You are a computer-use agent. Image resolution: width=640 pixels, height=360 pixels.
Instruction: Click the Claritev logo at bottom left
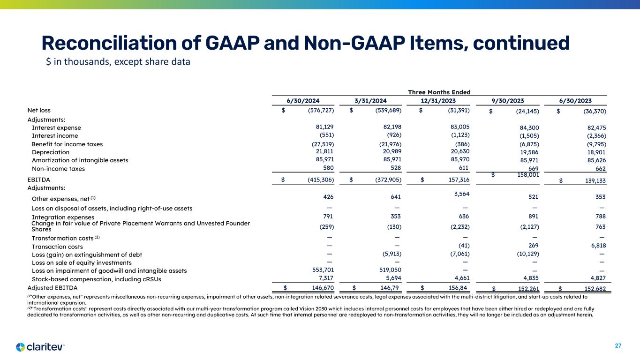(40, 347)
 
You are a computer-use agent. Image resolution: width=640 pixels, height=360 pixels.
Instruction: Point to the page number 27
(618, 346)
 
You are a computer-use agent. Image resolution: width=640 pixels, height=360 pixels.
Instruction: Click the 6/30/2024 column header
(303, 100)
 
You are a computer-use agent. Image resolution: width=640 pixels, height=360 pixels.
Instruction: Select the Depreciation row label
(51, 152)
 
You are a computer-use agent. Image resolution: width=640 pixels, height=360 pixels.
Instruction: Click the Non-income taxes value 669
(533, 169)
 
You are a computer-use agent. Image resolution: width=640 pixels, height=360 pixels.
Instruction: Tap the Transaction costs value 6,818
(596, 247)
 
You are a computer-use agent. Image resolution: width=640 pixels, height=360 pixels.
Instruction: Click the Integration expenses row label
(63, 217)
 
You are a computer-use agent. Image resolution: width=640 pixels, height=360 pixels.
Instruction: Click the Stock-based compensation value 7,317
(324, 278)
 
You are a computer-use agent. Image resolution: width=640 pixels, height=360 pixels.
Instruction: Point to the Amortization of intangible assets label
(80, 160)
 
